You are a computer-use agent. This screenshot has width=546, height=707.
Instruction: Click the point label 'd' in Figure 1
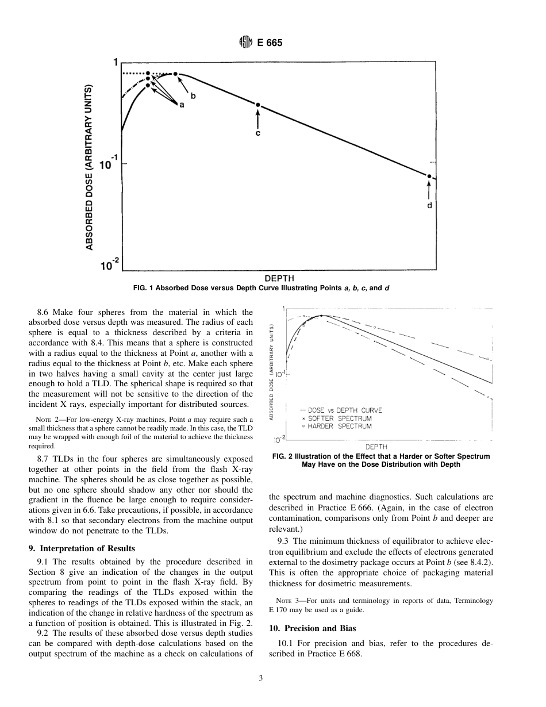click(x=429, y=205)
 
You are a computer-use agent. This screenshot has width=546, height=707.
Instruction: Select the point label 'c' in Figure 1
click(x=258, y=133)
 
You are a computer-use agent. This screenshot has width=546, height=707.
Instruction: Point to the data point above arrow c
click(x=258, y=105)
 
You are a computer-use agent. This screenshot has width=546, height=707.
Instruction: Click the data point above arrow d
click(x=429, y=176)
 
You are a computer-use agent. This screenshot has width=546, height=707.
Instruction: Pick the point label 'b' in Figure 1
click(x=193, y=96)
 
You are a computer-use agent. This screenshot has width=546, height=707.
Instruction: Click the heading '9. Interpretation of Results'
click(x=82, y=548)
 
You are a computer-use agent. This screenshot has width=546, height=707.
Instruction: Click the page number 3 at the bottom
click(x=261, y=679)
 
